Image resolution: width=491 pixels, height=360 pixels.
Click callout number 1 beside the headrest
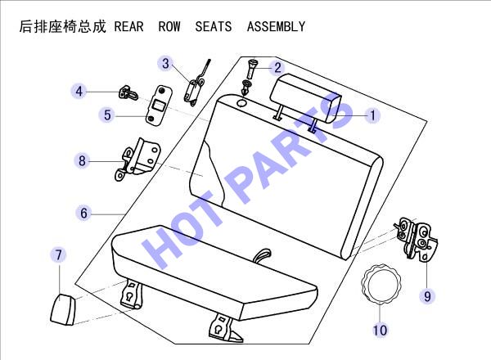coord(372,115)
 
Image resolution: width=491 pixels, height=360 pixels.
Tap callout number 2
coord(277,68)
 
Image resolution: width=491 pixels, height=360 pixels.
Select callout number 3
coord(165,64)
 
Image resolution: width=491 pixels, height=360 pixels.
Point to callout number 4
coord(79,92)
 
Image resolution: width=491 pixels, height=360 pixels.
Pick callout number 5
coord(107,115)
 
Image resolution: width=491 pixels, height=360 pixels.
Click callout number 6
coord(83,214)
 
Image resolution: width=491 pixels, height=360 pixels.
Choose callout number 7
coord(59,254)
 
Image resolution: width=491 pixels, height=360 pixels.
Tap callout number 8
coord(82,161)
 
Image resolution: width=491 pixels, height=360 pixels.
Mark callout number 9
coord(427,296)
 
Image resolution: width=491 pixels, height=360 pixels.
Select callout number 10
coord(380,330)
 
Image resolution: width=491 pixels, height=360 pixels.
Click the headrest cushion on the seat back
coord(305,98)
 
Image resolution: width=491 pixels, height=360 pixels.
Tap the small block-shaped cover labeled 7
coord(63,309)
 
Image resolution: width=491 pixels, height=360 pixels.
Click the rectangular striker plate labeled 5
coord(159,106)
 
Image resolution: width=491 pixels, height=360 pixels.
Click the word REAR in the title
coord(128,27)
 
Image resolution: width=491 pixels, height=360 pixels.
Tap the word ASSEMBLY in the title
coord(276,27)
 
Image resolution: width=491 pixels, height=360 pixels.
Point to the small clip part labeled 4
coord(128,92)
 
